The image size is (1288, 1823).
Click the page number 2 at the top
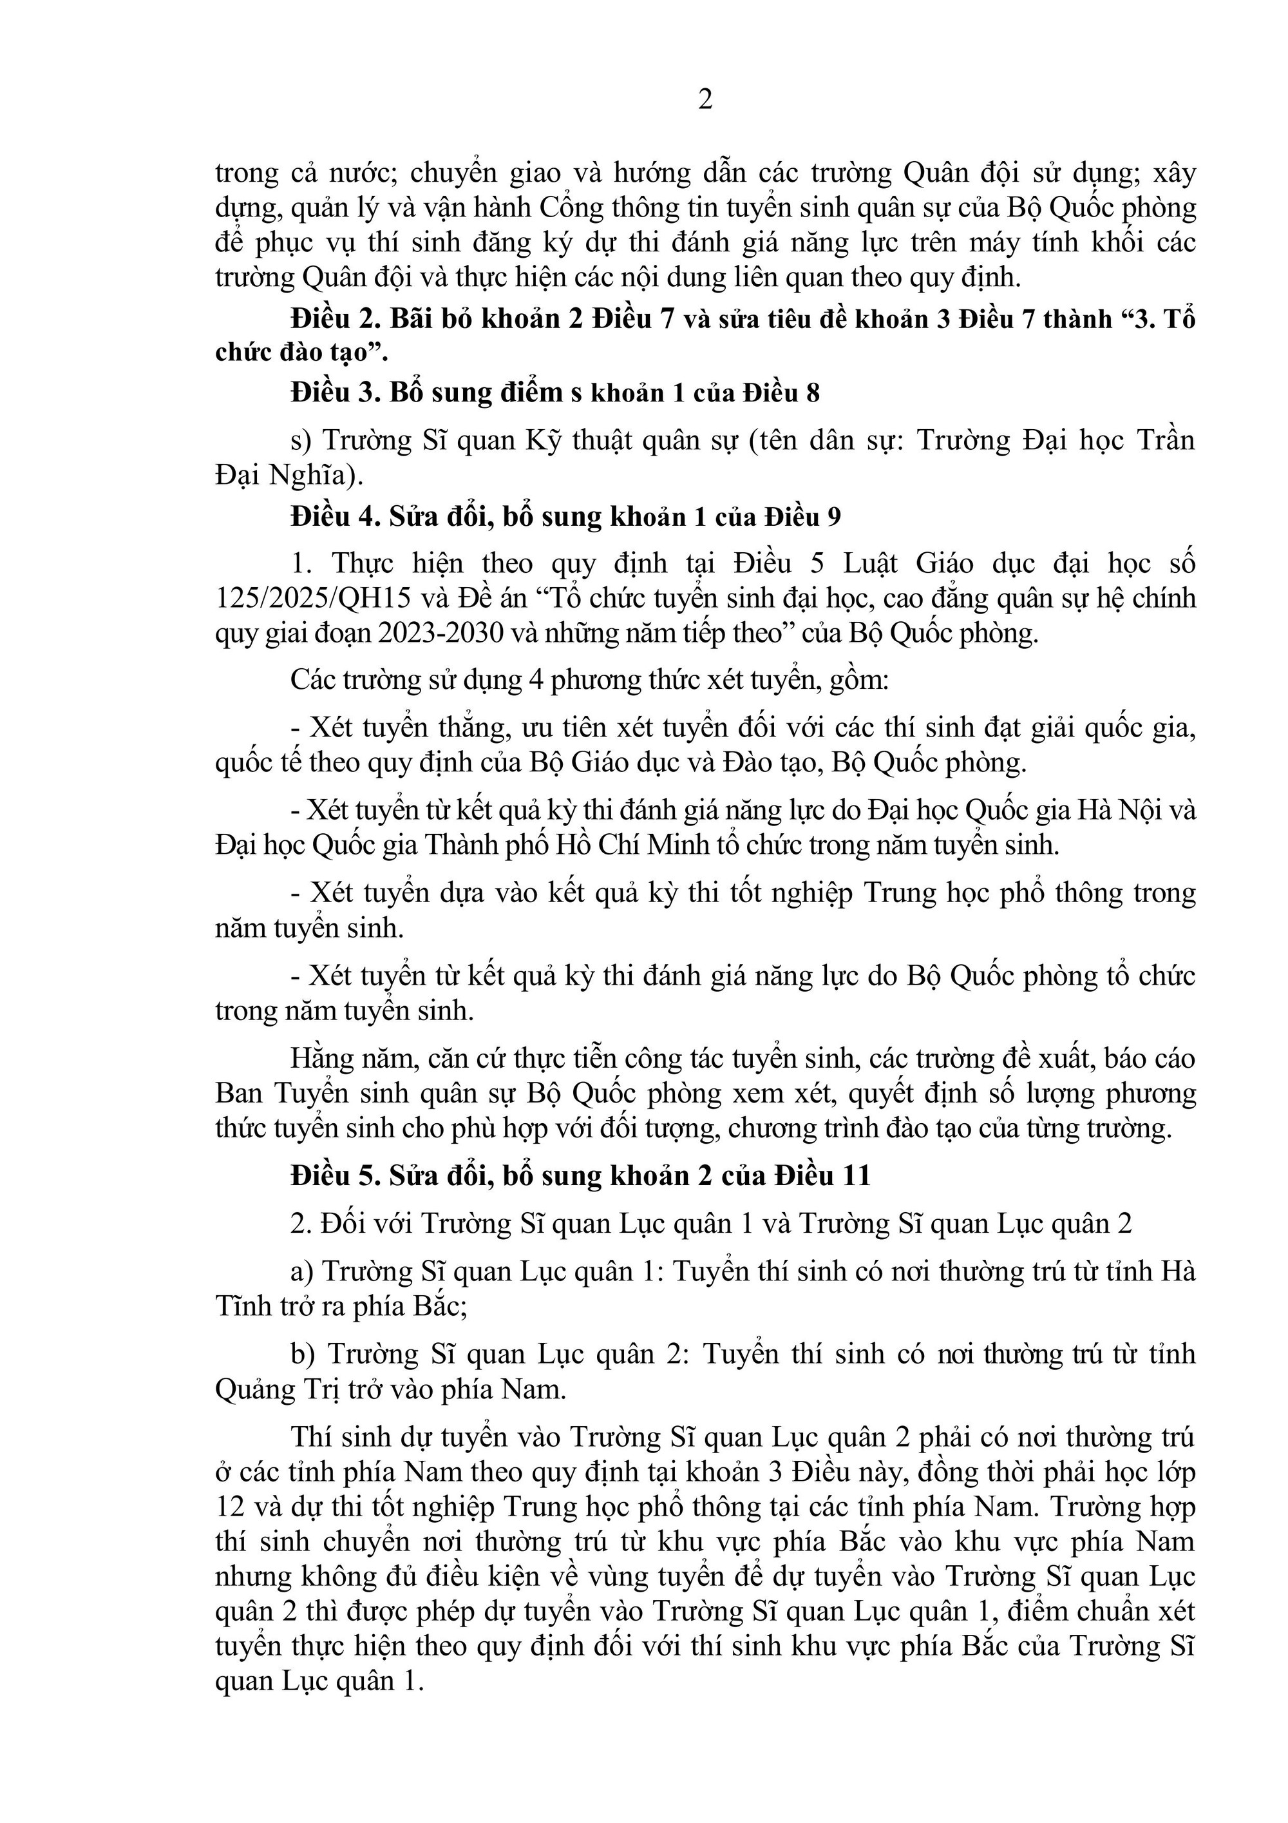[x=705, y=101]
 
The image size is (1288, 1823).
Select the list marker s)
[x=303, y=441]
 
